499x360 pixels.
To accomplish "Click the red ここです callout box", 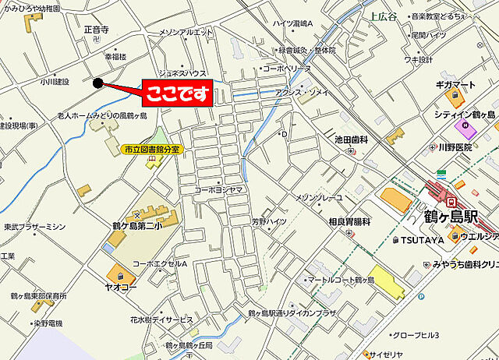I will click(x=177, y=94).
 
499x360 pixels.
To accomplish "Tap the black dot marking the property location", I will click(x=97, y=83).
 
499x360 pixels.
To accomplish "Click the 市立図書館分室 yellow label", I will click(x=151, y=149).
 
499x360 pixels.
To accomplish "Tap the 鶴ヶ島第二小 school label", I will click(x=136, y=227).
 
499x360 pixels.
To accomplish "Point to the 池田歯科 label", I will click(x=350, y=139).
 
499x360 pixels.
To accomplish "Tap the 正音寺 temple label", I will click(x=97, y=30).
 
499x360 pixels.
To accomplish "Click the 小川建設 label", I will click(x=55, y=81).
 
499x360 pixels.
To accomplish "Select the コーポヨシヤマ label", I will click(x=219, y=189).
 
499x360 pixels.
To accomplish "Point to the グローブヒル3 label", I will click(x=416, y=335).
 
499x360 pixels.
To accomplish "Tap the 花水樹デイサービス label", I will click(x=161, y=319).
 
